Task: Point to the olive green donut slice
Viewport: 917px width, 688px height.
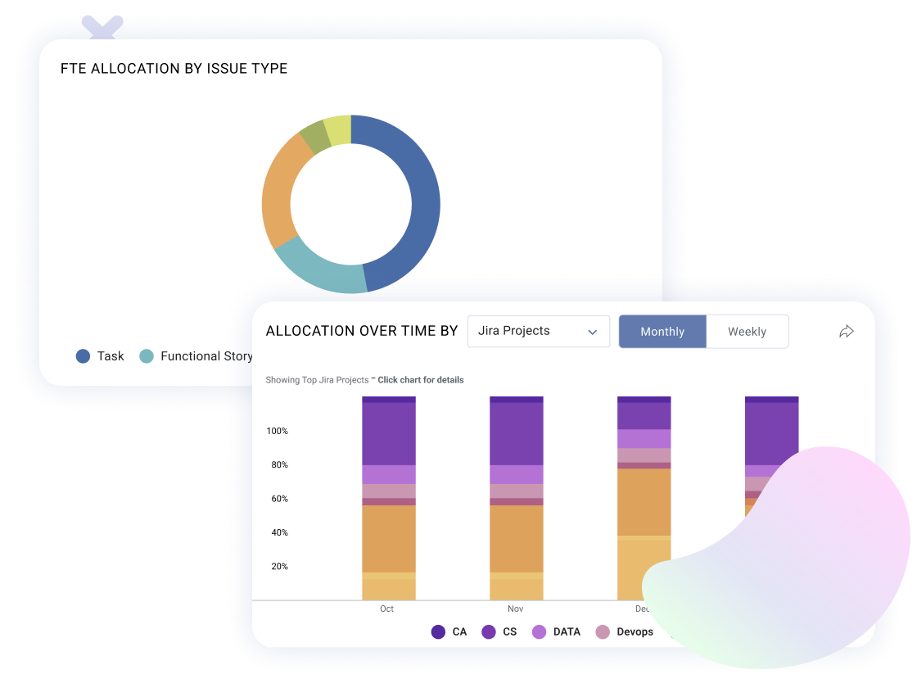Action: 314,138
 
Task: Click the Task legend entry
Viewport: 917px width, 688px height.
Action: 100,356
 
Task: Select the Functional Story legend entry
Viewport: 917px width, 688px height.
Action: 196,356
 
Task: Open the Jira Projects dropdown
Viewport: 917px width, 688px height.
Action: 538,332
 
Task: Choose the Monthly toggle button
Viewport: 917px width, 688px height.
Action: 662,332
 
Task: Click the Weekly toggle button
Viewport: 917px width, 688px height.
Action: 747,332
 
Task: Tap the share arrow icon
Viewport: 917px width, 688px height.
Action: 847,331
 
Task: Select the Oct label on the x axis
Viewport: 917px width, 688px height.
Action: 386,609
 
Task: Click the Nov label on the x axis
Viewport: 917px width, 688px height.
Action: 515,609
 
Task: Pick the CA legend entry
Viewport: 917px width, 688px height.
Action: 449,632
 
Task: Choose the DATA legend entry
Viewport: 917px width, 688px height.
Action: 557,632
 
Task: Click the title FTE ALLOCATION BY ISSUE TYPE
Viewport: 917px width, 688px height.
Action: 174,69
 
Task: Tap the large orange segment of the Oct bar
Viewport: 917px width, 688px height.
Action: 389,538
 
